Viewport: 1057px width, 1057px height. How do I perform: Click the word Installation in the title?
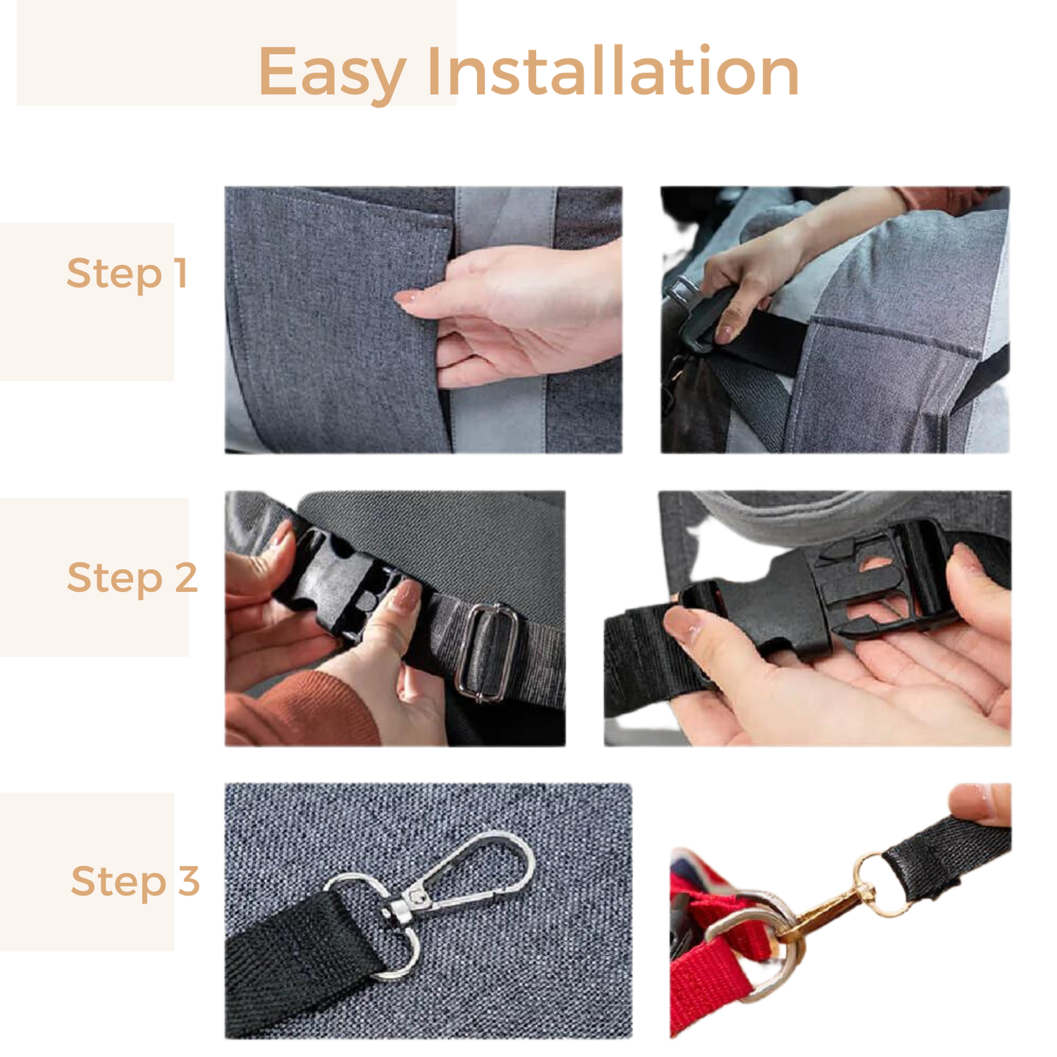[x=613, y=70]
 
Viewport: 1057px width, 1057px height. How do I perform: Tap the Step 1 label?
[x=127, y=274]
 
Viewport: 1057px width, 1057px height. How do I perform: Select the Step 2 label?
[x=132, y=579]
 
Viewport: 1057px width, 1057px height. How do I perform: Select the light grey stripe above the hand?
[x=505, y=216]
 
